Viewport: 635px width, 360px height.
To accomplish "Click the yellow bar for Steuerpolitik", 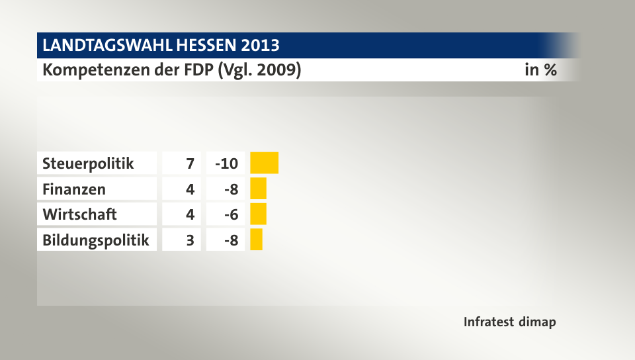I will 265,162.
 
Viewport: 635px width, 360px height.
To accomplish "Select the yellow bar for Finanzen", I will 259,189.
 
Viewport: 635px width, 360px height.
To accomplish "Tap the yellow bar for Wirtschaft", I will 259,214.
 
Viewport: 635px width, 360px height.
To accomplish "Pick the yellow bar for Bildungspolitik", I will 257,240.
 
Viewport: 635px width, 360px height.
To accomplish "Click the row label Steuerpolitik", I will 88,163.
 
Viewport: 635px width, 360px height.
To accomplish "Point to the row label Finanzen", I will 74,189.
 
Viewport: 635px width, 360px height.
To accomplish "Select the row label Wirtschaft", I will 79,214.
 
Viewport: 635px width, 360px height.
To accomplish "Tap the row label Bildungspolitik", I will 96,240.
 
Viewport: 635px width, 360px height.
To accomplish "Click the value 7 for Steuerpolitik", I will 190,163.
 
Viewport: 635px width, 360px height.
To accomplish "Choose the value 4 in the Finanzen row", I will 190,189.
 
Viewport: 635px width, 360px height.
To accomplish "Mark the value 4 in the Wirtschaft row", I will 190,214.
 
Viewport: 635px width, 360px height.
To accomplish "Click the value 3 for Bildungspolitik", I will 190,240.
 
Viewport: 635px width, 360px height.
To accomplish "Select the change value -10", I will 226,163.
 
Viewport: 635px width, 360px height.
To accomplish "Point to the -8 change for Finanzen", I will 231,189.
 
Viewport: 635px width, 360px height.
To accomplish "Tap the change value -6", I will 231,214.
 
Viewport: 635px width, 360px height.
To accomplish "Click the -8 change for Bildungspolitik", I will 231,240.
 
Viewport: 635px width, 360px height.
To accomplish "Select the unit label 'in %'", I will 540,69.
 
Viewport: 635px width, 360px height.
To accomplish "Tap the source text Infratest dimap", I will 509,322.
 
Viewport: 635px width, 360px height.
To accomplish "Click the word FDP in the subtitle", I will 198,69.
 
